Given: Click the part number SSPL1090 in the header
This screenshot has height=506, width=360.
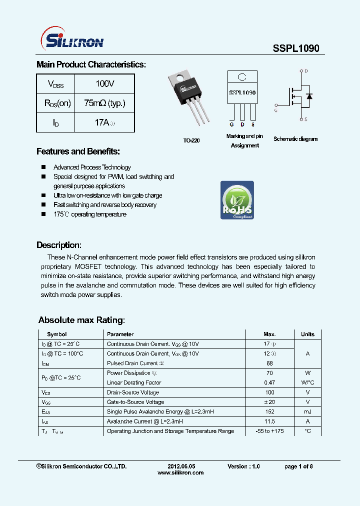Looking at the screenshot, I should (x=296, y=48).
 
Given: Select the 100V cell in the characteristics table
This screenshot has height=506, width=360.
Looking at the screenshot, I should (x=105, y=83).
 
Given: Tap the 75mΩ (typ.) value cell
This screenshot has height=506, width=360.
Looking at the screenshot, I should (x=104, y=103).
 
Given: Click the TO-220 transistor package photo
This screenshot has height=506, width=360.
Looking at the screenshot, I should (x=189, y=98).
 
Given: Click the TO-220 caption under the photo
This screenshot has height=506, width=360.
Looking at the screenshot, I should (x=191, y=141).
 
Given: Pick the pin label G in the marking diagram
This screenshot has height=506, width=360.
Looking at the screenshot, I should (x=231, y=124).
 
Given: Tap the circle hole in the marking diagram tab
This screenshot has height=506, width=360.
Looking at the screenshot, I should (x=242, y=77).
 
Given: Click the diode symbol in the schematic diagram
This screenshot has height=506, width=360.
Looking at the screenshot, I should (x=309, y=95).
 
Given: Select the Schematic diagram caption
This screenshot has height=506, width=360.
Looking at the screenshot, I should (x=295, y=139).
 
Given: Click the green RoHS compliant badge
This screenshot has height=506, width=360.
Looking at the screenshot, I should (x=237, y=200).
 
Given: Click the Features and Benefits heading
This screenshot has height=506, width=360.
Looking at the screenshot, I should (x=78, y=151).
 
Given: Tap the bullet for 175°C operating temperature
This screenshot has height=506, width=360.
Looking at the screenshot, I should (x=43, y=214).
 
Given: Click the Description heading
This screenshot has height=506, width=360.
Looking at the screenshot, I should (x=59, y=245).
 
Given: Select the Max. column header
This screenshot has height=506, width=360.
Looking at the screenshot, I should (x=269, y=334).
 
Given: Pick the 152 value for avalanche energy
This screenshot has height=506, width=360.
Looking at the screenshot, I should (x=269, y=411).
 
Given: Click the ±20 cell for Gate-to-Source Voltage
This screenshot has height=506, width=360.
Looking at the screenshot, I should (x=269, y=402).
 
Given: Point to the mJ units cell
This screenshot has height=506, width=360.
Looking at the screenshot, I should (x=307, y=411).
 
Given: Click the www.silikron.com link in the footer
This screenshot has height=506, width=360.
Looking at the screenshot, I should (x=180, y=472).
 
